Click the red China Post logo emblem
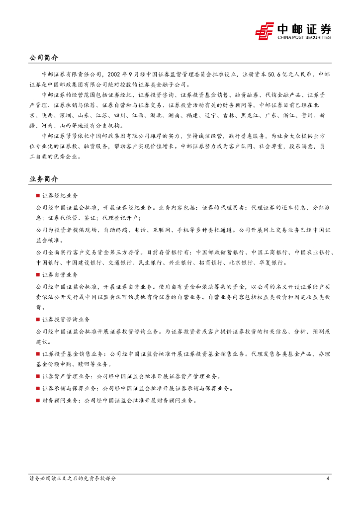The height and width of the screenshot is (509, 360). pyautogui.click(x=265, y=31)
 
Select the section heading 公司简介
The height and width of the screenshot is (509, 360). pyautogui.click(x=44, y=58)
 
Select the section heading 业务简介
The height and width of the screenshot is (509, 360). pyautogui.click(x=44, y=178)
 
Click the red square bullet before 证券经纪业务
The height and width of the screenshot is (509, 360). pyautogui.click(x=38, y=196)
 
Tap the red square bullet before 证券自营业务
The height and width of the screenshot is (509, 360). pyautogui.click(x=38, y=274)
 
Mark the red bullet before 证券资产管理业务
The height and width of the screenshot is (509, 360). pyautogui.click(x=38, y=376)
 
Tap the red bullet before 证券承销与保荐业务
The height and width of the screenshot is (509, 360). pyautogui.click(x=38, y=388)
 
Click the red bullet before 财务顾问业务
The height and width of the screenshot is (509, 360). pyautogui.click(x=38, y=400)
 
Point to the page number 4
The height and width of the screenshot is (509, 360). pyautogui.click(x=328, y=479)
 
